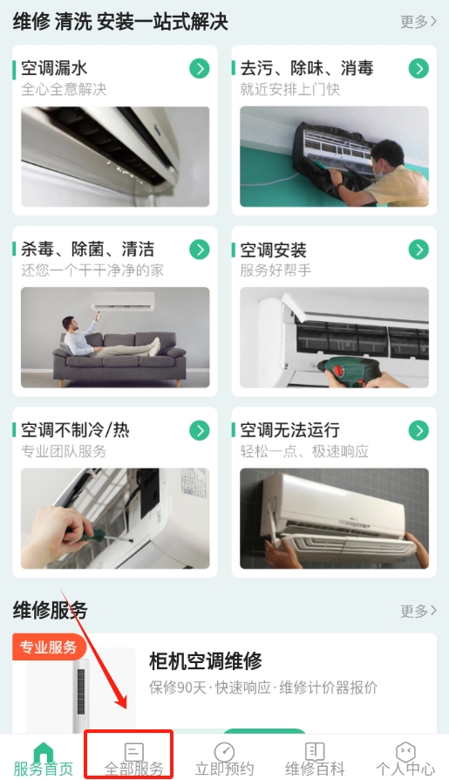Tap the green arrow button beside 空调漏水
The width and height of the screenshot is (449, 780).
pos(200,69)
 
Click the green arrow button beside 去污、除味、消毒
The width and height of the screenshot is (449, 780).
pos(418,69)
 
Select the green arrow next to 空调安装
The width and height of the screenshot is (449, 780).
pos(418,250)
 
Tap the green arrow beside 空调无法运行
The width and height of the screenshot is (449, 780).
pos(418,430)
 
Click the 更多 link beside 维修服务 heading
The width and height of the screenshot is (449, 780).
pos(418,611)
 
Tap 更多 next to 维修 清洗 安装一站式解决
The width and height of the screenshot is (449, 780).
pos(418,22)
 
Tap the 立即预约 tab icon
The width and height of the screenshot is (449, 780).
pos(224,752)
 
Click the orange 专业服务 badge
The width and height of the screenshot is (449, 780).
pos(49,647)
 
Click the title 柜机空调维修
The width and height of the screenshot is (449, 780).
pos(206,661)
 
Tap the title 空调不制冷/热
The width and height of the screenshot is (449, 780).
pos(75,430)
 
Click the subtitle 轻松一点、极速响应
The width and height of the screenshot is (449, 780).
pos(304,451)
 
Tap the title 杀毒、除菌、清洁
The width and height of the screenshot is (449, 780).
pos(87,249)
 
